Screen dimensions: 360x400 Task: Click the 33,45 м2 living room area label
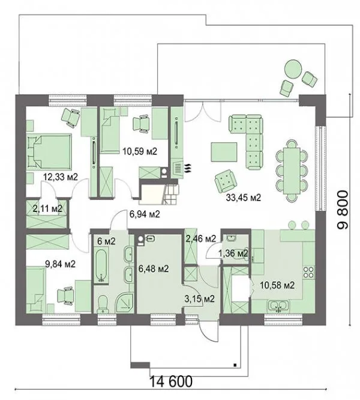click(244, 198)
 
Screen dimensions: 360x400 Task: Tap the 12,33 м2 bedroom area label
click(60, 177)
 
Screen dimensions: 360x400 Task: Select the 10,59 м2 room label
click(140, 151)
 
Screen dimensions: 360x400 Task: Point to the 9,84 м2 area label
click(60, 264)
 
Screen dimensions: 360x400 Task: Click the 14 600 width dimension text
click(170, 381)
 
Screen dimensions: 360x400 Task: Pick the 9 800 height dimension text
click(342, 210)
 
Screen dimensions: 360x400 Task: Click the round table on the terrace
click(293, 68)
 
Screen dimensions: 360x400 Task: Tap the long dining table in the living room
click(292, 171)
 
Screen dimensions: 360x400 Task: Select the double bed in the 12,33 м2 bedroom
click(49, 151)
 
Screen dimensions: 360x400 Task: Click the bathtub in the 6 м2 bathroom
click(102, 265)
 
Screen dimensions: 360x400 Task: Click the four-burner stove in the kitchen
click(308, 272)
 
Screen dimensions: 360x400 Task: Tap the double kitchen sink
click(278, 306)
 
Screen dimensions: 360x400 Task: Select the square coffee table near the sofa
click(224, 152)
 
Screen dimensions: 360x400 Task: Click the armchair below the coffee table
click(225, 181)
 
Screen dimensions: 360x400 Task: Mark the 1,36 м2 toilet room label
click(233, 253)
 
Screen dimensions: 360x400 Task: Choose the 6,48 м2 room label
click(153, 268)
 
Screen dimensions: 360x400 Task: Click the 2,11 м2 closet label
click(47, 208)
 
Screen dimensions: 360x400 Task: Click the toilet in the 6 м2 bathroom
click(103, 303)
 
